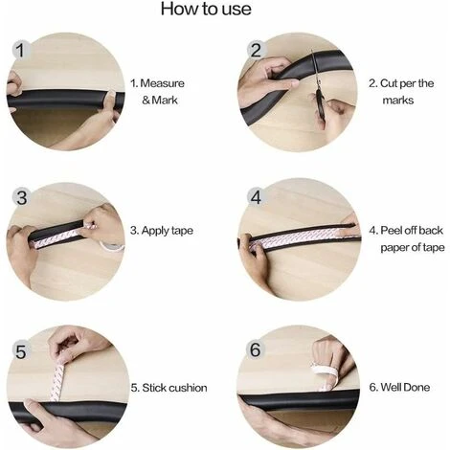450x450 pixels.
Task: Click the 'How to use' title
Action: click(x=206, y=9)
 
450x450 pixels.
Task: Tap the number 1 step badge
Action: click(x=21, y=51)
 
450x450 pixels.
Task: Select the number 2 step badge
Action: click(x=256, y=51)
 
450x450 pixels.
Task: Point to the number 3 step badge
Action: click(x=21, y=197)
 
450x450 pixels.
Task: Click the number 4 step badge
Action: click(x=256, y=197)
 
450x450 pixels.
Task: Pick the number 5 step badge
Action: click(x=21, y=351)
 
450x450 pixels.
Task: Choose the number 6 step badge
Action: click(x=256, y=349)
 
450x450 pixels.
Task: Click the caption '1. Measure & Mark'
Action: click(x=157, y=92)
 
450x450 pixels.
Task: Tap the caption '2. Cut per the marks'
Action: click(x=401, y=92)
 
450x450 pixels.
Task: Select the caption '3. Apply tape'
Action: click(x=162, y=231)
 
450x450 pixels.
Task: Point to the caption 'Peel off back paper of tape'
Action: click(x=412, y=238)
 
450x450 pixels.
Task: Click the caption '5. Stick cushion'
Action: click(x=169, y=388)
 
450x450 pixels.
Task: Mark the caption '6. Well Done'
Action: click(x=399, y=387)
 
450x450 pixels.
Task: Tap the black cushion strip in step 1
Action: click(x=64, y=99)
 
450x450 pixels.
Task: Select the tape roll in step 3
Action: click(x=112, y=246)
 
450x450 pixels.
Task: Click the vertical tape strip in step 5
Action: click(x=57, y=380)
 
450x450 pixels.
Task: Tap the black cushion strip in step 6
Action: click(x=299, y=401)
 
